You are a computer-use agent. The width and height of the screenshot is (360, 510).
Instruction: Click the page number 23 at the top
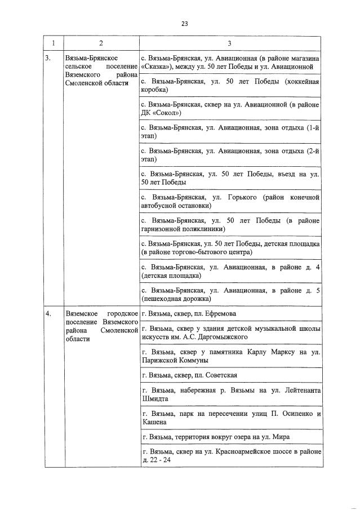184,23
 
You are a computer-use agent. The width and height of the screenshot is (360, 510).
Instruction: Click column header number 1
53,43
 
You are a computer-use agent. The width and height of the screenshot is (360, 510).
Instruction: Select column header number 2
100,43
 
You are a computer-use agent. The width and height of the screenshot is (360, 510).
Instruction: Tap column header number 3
229,43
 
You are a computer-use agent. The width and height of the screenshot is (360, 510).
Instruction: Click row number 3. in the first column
48,58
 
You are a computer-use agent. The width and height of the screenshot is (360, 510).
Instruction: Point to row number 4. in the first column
49,313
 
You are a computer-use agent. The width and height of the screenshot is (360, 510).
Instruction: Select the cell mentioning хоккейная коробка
230,86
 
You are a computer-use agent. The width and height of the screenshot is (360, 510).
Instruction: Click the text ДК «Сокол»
158,113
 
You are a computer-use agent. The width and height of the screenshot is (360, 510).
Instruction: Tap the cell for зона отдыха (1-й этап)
230,132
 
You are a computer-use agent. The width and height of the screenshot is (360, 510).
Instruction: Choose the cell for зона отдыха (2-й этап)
230,155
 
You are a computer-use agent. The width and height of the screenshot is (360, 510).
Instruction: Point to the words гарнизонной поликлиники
183,229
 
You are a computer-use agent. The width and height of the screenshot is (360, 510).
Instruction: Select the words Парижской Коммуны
175,360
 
